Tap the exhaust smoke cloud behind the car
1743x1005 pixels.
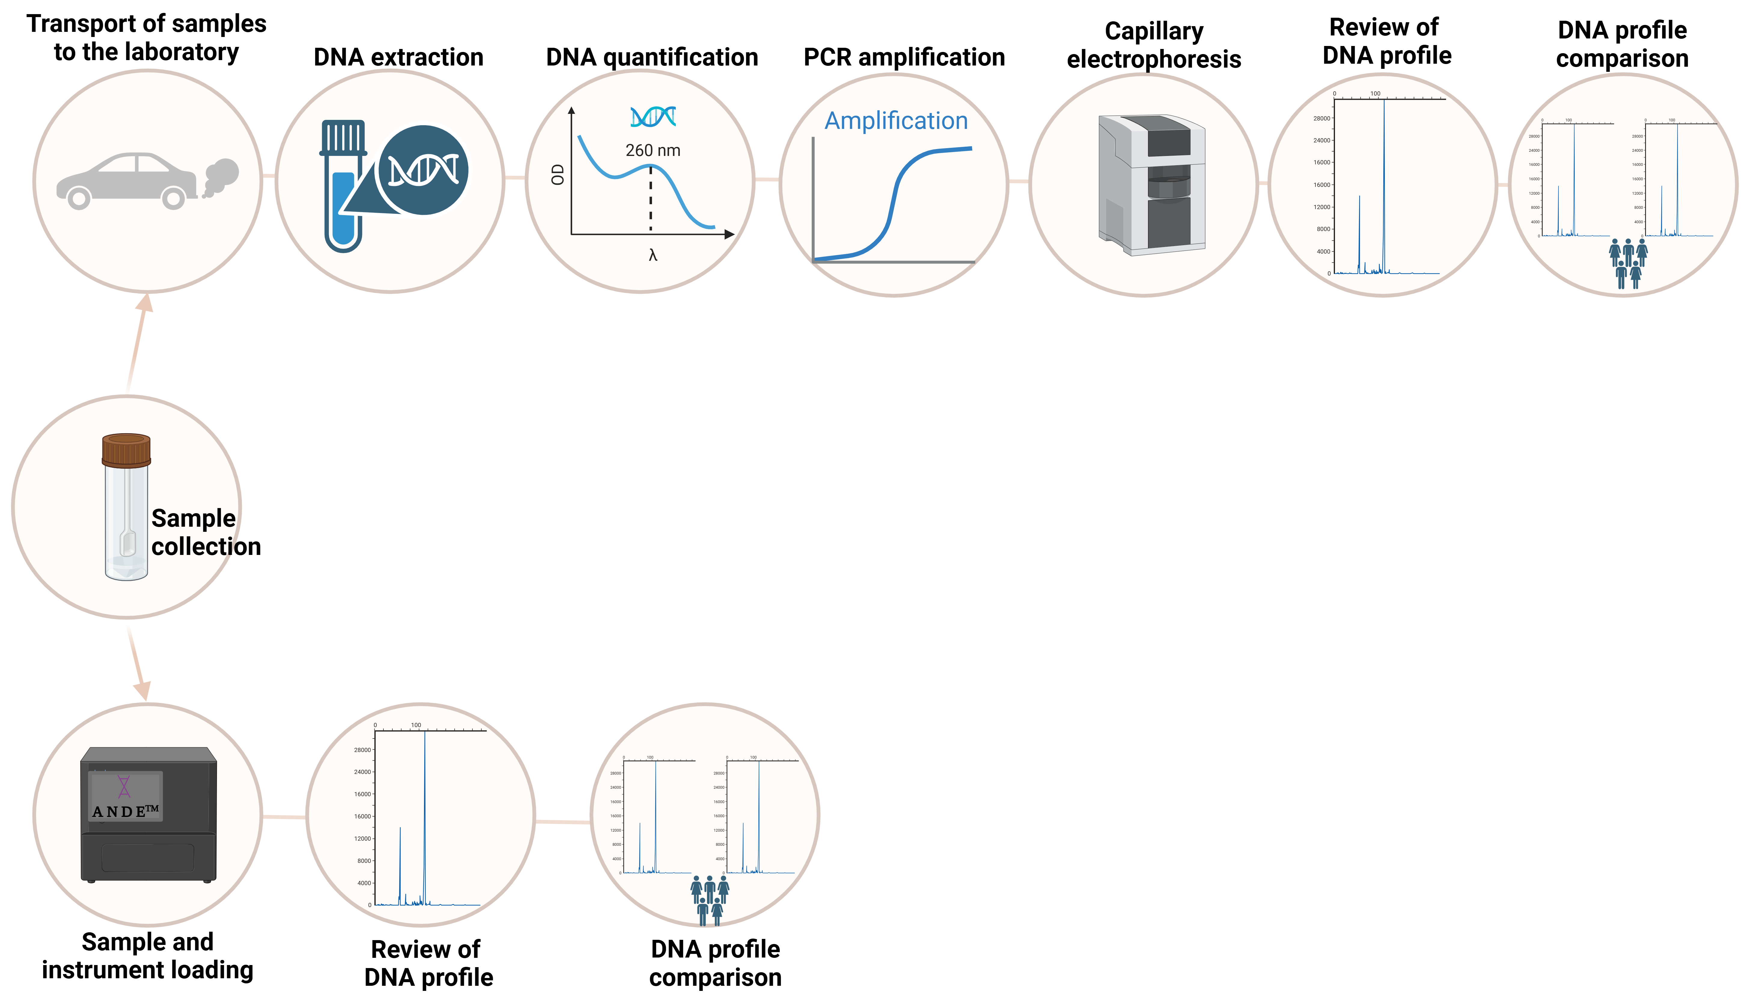point(220,176)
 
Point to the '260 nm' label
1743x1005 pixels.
point(652,151)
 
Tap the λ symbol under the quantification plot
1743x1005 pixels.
point(652,255)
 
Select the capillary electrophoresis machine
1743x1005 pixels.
point(1151,185)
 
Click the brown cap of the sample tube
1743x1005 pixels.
point(126,450)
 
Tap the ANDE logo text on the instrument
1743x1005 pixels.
point(126,811)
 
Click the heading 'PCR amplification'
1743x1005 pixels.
point(903,57)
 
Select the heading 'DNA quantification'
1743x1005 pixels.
point(652,57)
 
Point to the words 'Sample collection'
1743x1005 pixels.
point(206,532)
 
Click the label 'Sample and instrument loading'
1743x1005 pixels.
point(148,956)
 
